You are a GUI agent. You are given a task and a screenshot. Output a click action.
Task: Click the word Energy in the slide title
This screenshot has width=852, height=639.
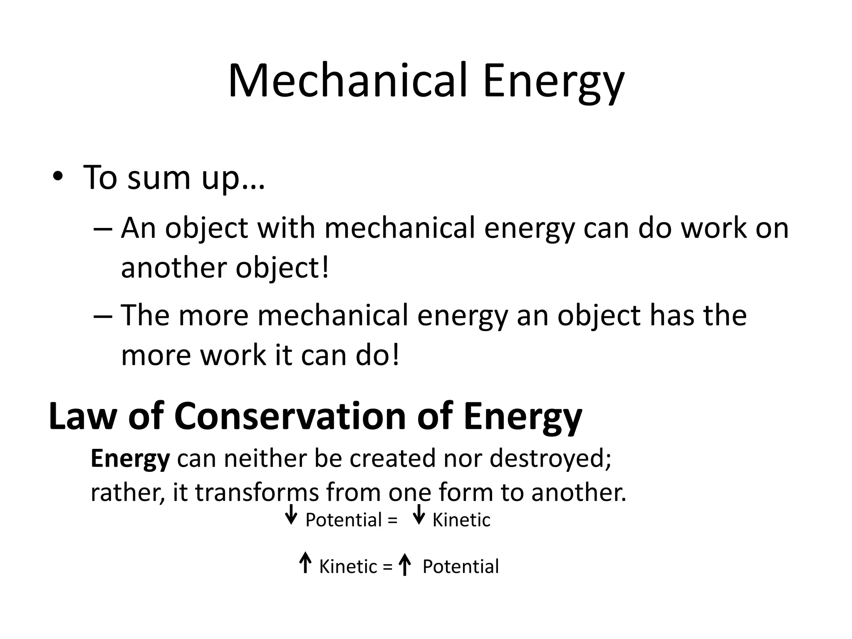click(553, 82)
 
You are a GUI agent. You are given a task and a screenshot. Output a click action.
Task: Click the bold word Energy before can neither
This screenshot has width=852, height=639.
click(130, 458)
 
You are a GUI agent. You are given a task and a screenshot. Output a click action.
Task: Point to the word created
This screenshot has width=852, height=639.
click(393, 458)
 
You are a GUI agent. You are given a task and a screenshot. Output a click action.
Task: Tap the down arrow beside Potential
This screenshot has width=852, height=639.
click(291, 515)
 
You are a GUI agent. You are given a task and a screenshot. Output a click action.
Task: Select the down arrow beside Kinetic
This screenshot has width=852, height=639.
click(419, 515)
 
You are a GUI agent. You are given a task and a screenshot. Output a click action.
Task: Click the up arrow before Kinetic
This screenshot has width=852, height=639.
click(305, 563)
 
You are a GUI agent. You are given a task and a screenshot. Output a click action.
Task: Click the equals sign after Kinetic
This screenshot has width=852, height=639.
click(388, 567)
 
